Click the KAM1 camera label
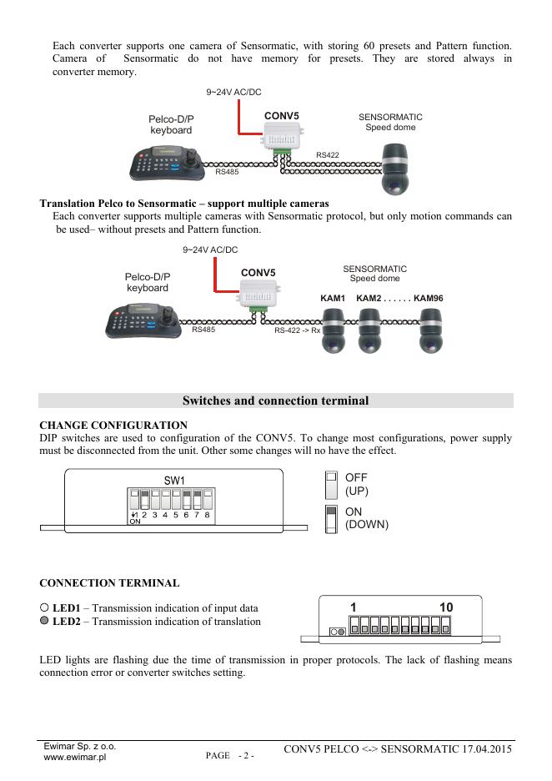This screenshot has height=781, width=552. [333, 299]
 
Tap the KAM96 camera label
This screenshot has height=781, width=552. [429, 299]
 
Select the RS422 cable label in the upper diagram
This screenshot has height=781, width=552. [328, 155]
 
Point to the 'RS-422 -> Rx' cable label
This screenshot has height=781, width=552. [298, 330]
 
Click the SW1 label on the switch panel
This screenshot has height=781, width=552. [173, 480]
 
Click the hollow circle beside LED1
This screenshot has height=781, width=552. [45, 608]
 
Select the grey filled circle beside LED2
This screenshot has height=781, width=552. [45, 622]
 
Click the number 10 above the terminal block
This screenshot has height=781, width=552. [446, 607]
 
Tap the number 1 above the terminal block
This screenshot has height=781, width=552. [354, 607]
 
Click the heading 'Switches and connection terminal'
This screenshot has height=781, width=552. [275, 401]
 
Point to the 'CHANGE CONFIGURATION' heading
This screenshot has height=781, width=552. [113, 426]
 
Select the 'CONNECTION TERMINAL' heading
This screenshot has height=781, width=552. [109, 582]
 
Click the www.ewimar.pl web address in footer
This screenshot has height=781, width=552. [74, 758]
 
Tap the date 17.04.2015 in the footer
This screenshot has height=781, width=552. [484, 749]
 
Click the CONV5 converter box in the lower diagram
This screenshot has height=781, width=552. [258, 293]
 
